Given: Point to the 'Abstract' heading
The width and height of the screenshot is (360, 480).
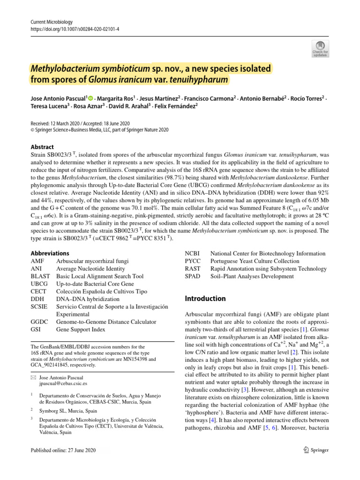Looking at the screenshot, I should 42,147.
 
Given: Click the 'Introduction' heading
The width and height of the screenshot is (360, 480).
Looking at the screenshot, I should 205,299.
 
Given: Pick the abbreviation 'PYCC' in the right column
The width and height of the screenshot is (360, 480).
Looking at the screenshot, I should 193,261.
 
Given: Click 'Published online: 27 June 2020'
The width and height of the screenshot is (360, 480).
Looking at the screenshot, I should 63,450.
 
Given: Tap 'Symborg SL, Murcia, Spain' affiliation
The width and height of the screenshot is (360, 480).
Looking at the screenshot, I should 68,411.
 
